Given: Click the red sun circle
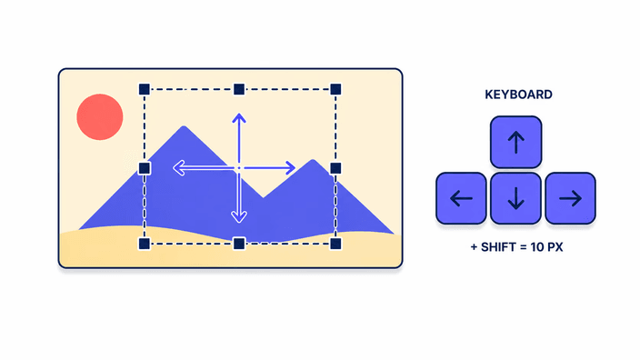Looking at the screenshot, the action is (100, 117).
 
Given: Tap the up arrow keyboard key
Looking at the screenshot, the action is (516, 142).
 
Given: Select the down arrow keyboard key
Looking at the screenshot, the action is (516, 198).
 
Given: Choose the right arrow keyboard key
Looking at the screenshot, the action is (570, 198).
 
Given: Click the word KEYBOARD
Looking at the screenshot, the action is (518, 95).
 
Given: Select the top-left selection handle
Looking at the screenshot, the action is (144, 89).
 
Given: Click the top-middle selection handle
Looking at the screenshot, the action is (239, 89).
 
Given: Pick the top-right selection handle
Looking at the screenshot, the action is (335, 89).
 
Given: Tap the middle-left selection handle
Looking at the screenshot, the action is (144, 168).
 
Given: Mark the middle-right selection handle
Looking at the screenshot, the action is (335, 168).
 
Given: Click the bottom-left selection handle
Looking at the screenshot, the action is (144, 244).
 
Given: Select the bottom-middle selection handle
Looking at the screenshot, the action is (239, 244).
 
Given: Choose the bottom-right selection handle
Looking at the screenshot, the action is (335, 244).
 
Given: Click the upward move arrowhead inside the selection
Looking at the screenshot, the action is (239, 117).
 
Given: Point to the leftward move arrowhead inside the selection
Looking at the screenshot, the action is (177, 168).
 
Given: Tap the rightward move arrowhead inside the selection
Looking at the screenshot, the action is (291, 168).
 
